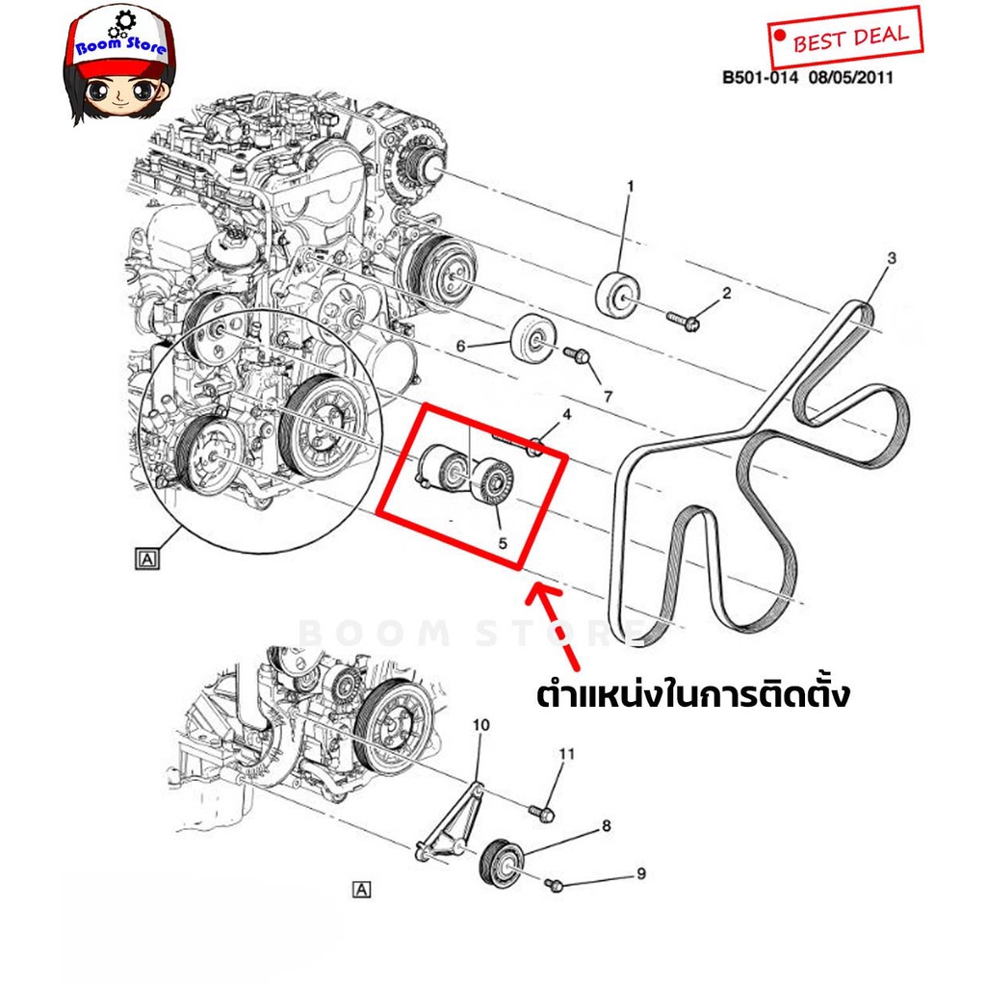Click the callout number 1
click(x=630, y=186)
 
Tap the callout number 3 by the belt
click(x=892, y=257)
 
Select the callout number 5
click(x=503, y=542)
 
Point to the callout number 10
click(x=481, y=725)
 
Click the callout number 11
click(x=567, y=753)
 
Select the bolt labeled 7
click(x=578, y=355)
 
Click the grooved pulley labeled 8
click(x=501, y=863)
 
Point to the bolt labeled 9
click(x=554, y=886)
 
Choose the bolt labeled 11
click(x=541, y=814)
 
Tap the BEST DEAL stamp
click(x=845, y=38)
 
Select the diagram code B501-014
click(x=760, y=78)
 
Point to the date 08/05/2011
click(x=851, y=78)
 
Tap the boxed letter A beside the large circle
click(x=147, y=558)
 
